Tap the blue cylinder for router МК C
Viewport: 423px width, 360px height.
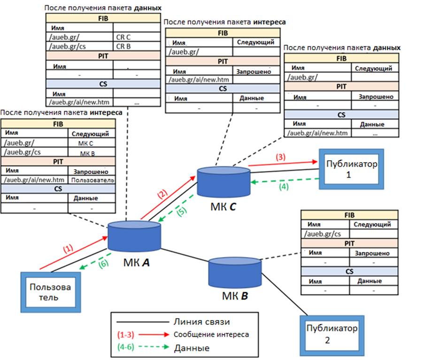[x=223, y=181]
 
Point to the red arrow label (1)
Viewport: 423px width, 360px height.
[x=68, y=248]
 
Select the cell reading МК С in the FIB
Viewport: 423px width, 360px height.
[x=91, y=143]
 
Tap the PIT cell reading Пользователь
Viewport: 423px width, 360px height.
[x=92, y=180]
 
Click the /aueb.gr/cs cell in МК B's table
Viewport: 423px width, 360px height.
[x=323, y=234]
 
